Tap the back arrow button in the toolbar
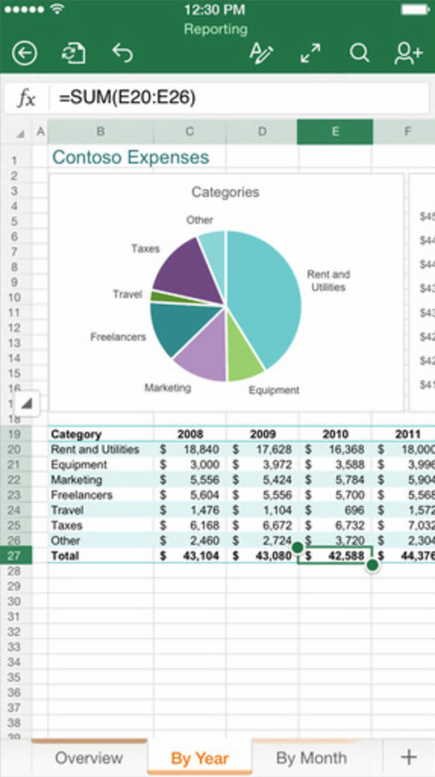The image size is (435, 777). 24,53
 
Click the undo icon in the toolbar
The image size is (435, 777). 122,53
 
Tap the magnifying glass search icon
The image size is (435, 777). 359,53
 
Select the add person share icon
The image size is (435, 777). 408,53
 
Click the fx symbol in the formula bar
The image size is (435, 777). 26,98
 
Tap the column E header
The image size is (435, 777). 335,132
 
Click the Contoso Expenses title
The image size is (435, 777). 130,157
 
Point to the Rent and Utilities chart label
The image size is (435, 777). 328,280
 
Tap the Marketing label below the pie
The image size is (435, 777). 168,387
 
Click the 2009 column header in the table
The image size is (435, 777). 263,434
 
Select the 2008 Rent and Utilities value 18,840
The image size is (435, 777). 201,449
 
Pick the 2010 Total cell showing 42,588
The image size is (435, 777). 345,556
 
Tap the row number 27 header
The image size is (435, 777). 14,556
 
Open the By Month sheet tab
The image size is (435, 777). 311,758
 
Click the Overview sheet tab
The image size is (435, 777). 89,758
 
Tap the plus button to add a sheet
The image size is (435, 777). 409,757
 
